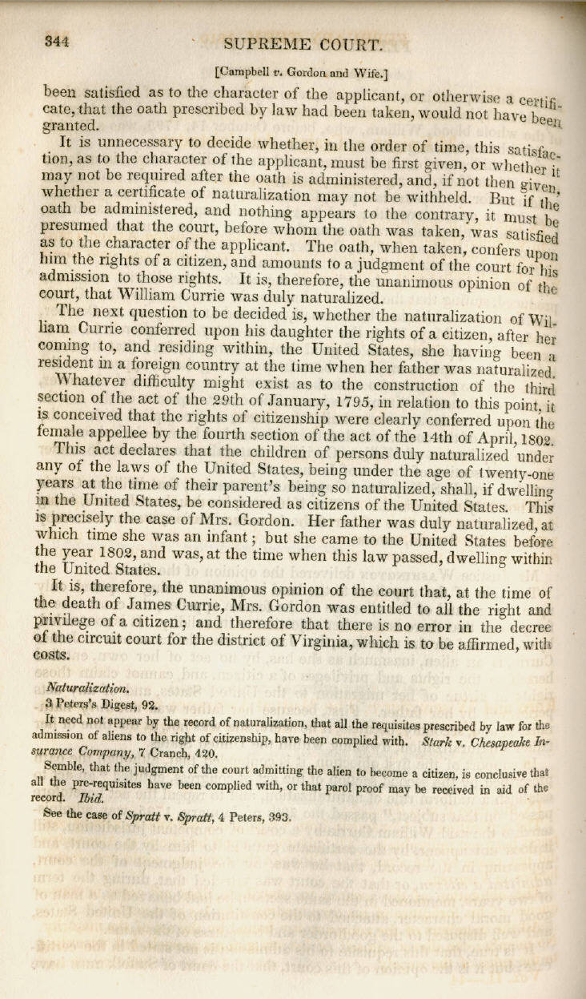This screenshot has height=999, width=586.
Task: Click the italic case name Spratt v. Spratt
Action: (163, 819)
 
